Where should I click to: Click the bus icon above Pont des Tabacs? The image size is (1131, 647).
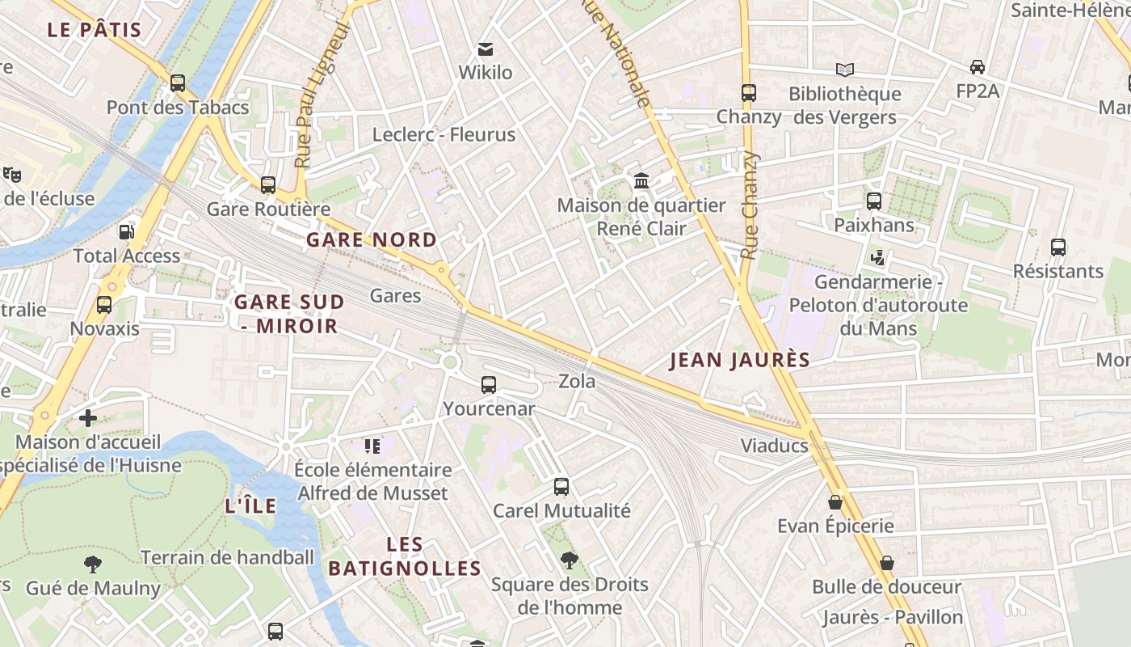coord(178,83)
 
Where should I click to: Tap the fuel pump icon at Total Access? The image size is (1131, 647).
coord(126,232)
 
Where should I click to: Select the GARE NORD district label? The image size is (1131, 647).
coord(372,240)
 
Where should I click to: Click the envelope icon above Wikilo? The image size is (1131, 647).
coord(486,49)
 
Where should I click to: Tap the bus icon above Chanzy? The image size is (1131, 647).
coord(749,93)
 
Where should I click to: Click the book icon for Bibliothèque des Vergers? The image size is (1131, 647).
coord(845,70)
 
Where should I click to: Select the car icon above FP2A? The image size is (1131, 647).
coord(978,67)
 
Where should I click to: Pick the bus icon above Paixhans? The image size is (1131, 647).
coord(874,201)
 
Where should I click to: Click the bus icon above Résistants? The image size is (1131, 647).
coord(1058,247)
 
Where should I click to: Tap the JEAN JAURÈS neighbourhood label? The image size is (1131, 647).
coord(740,361)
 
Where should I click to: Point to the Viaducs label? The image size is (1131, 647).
coord(775,446)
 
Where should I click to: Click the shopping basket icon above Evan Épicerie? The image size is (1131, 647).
coord(835,502)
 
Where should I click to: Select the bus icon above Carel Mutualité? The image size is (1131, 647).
coord(561,487)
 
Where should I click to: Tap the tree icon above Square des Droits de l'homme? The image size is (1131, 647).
coord(570,560)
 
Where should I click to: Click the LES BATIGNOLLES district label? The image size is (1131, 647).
coord(405,556)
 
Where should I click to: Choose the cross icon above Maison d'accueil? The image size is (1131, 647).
coord(88,418)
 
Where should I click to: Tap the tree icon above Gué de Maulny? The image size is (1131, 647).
coord(93,564)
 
